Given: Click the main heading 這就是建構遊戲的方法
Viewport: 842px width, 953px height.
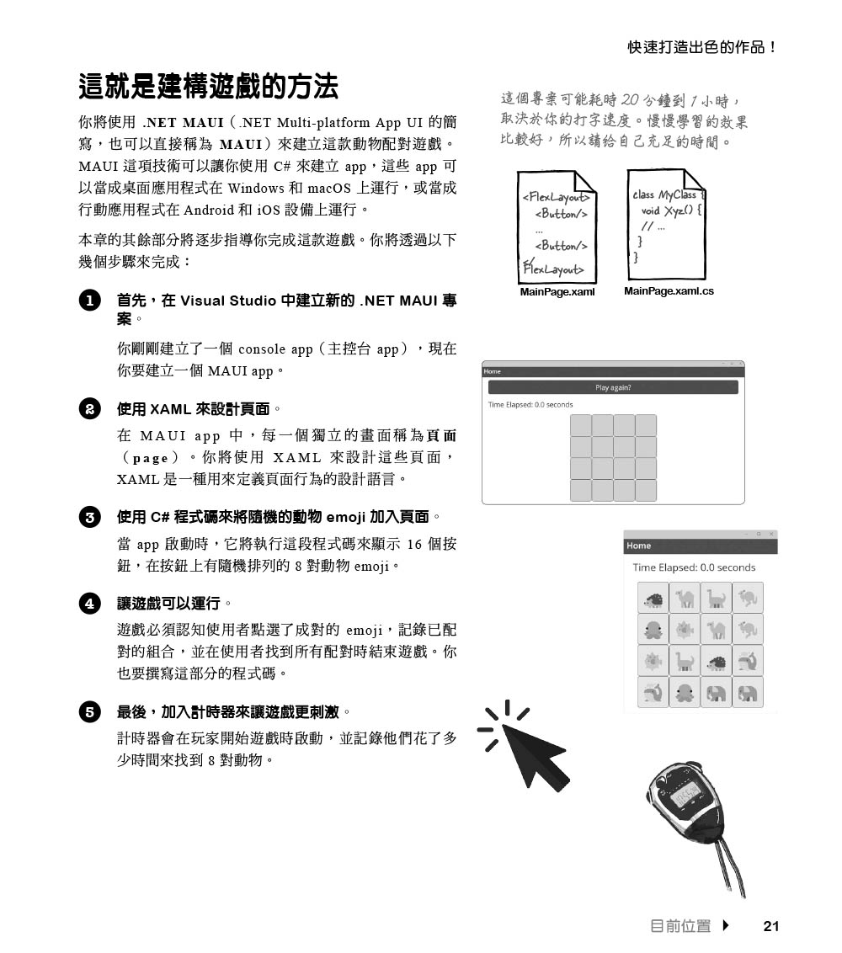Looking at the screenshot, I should [x=208, y=86].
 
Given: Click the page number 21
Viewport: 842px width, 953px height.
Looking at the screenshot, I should [x=770, y=926].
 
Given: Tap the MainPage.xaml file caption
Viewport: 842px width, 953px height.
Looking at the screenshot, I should [x=557, y=291].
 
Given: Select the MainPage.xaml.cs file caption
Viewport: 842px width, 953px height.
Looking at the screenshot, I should [x=669, y=291].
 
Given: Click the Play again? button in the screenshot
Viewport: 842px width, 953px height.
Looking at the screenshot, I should [x=613, y=387].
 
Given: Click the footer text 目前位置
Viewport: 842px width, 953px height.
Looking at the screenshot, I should [x=680, y=926].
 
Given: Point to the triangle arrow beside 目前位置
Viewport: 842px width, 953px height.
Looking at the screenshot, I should [x=726, y=926].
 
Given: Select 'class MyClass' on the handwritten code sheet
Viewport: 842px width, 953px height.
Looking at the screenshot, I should [x=664, y=194].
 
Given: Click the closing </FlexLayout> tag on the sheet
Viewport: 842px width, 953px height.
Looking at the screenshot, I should [x=553, y=269].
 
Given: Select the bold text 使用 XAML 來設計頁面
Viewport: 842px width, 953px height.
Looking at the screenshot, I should [x=194, y=409].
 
